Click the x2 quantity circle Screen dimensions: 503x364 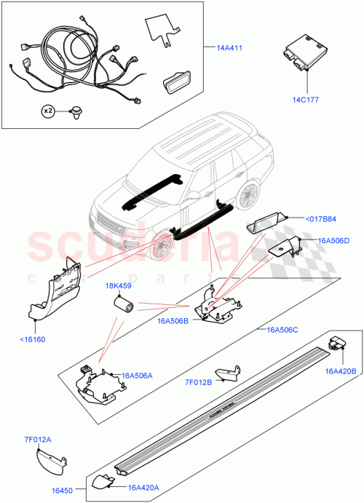pyautogui.click(x=48, y=111)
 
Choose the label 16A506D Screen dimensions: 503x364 pyautogui.click(x=332, y=240)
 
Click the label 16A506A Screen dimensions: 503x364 pyautogui.click(x=139, y=376)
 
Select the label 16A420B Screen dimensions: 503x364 pyautogui.click(x=340, y=371)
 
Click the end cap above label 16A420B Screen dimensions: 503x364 pyautogui.click(x=339, y=345)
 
